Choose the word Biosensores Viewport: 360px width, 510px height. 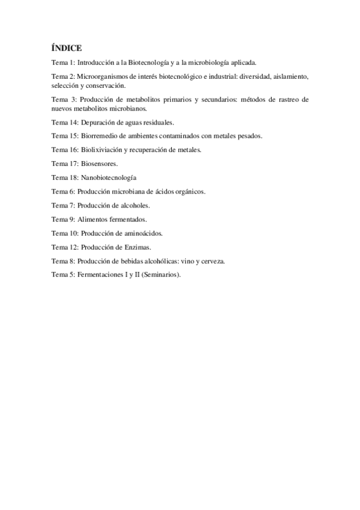99,163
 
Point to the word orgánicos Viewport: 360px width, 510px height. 188,191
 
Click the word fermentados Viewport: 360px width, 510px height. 128,219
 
